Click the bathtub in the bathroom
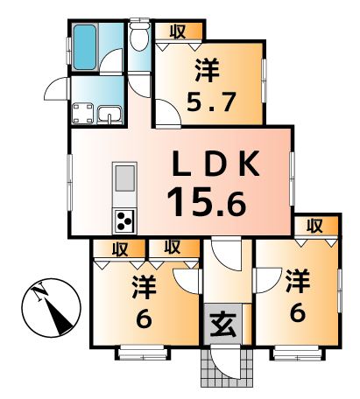84,47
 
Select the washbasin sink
109,114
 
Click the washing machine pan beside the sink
83,113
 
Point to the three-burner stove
124,221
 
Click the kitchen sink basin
125,178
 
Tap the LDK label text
215,164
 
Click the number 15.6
207,201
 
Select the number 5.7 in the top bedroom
211,101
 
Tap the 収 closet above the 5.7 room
178,31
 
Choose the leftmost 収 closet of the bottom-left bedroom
119,248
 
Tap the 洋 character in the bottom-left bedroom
145,287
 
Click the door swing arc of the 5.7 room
168,112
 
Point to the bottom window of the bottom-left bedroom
145,353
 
